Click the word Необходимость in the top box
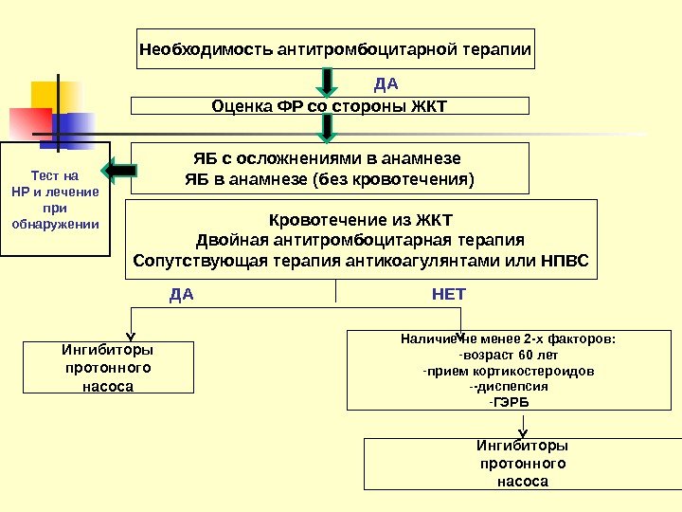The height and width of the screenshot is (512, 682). coord(206,48)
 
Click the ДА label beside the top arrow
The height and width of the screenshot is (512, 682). coord(386,83)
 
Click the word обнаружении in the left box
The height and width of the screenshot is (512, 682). coord(55,225)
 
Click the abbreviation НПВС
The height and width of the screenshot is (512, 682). coord(565,260)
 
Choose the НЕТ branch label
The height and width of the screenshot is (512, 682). coord(448,294)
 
